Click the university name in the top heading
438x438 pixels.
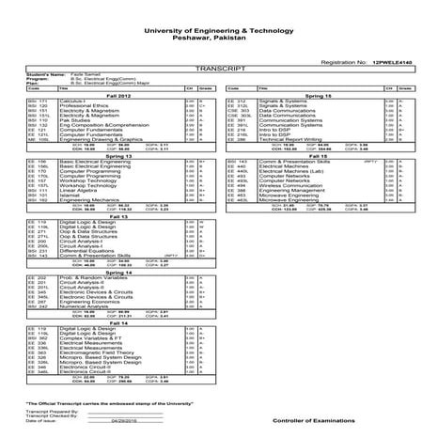[x=219, y=31]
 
